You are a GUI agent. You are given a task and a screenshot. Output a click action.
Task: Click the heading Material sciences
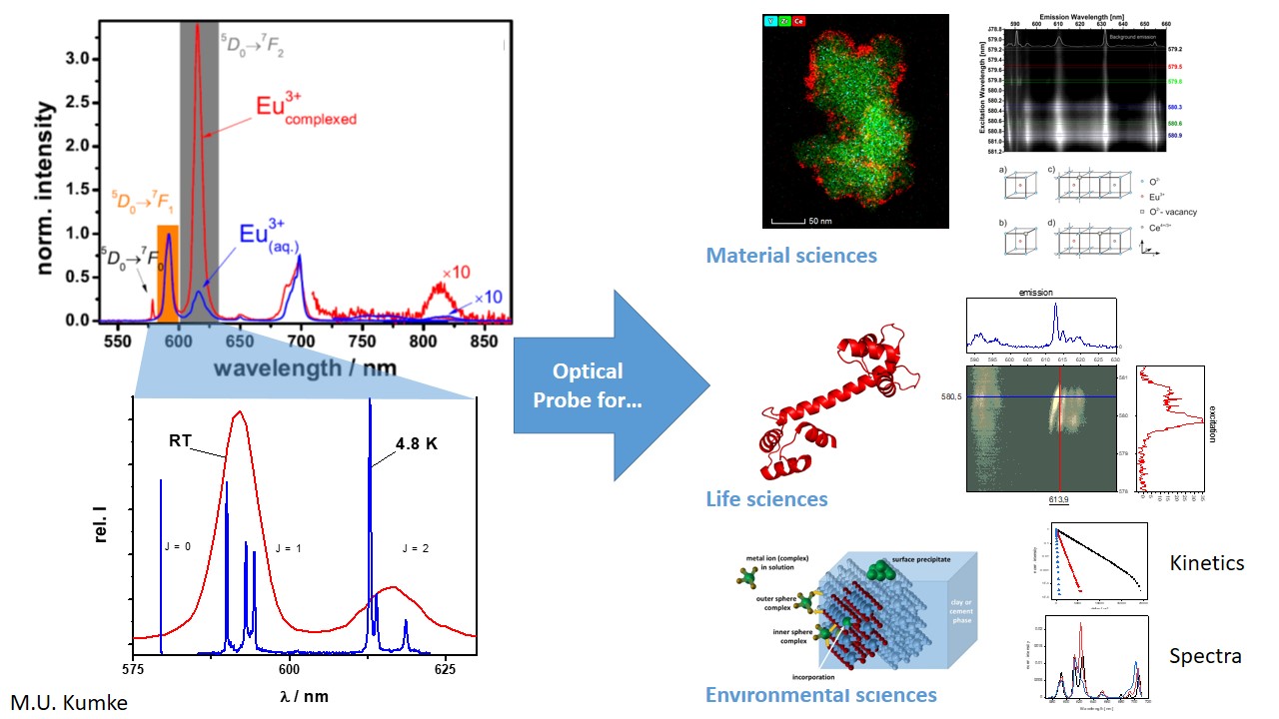click(x=791, y=256)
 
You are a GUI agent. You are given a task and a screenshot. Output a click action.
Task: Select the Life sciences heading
click(x=766, y=498)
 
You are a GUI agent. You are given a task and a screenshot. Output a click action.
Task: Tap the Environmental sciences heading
click(x=820, y=695)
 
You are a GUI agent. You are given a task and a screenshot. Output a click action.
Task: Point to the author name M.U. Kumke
click(x=69, y=703)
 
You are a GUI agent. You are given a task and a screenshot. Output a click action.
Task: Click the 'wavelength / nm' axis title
click(x=304, y=367)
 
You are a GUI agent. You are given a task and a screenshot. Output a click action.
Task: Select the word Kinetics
click(x=1207, y=563)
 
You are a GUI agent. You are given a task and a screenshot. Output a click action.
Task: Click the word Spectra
click(x=1205, y=656)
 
